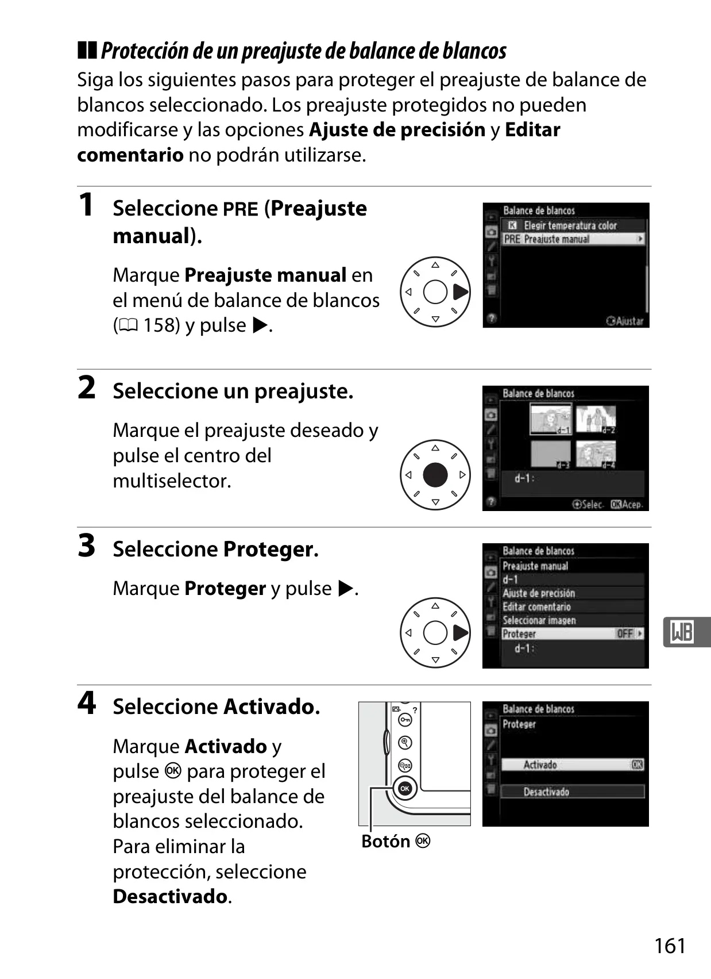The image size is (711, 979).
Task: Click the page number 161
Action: [670, 945]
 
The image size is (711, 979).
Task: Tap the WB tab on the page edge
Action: [686, 632]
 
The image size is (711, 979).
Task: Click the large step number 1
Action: [87, 205]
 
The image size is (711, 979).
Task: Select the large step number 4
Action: [87, 703]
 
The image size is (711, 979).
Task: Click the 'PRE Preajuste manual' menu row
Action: [573, 239]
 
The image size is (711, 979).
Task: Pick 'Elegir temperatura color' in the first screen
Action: [570, 225]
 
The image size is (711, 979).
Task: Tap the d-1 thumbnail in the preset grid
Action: [551, 419]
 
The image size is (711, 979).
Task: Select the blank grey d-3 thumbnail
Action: [551, 454]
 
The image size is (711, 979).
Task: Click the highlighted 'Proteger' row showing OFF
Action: [573, 634]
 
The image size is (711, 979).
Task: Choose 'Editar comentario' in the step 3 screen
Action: [536, 606]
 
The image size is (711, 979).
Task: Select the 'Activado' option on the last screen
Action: [573, 765]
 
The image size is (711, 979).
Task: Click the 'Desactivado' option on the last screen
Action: [573, 792]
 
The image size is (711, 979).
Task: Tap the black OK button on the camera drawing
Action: [405, 789]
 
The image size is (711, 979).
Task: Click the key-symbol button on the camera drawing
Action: [405, 720]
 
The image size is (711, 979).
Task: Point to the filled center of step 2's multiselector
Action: [435, 475]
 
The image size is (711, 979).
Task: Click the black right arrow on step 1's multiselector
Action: [461, 292]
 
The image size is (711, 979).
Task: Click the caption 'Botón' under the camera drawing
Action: [385, 842]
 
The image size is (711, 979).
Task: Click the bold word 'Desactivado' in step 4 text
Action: [171, 896]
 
